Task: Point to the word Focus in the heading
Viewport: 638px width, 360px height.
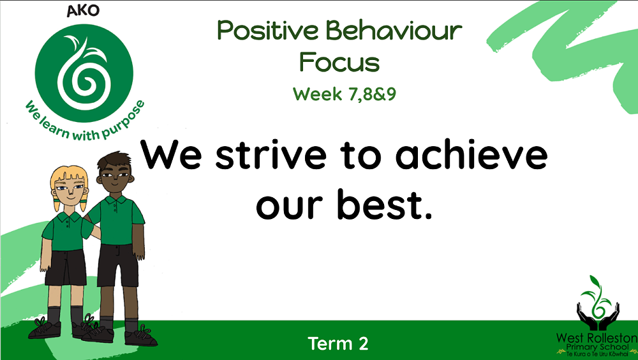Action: [339, 63]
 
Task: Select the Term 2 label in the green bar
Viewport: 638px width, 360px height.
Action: [338, 343]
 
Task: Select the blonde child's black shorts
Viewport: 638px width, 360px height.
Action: [65, 267]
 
